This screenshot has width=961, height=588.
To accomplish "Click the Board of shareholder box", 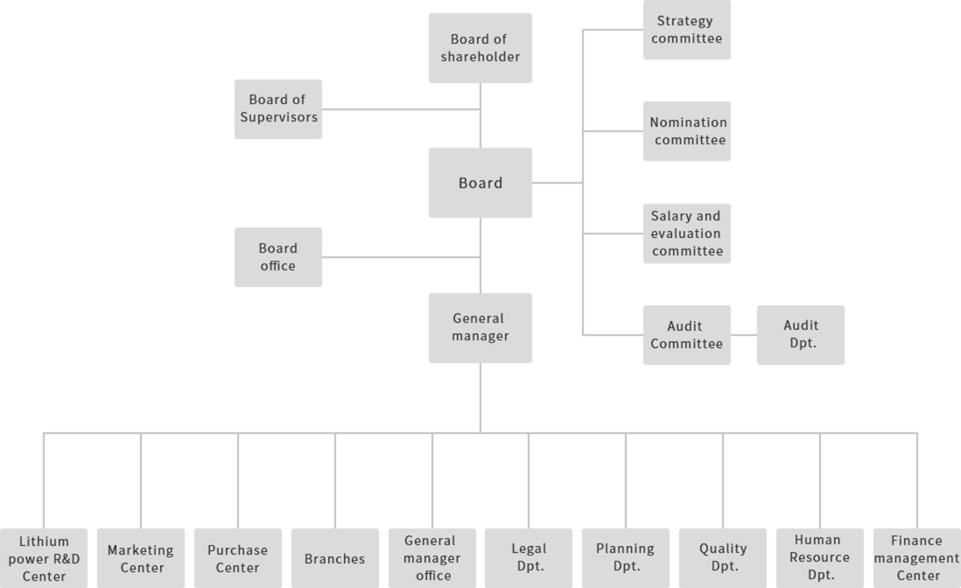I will [x=480, y=48].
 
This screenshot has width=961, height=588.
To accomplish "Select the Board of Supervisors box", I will [x=277, y=108].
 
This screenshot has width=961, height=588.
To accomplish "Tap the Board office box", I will [x=277, y=257].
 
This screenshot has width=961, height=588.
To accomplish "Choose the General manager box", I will [x=480, y=327].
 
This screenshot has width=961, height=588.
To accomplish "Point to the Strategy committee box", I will [x=686, y=30].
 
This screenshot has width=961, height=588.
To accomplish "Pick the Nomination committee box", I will [x=686, y=131].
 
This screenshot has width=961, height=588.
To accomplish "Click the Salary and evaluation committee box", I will [x=686, y=234].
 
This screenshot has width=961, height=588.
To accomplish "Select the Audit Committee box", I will [x=686, y=335].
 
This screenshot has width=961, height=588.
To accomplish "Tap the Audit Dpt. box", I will [x=800, y=335].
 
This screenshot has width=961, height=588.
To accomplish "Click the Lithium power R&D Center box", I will [x=44, y=557].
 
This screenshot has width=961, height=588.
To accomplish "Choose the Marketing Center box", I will [x=141, y=557].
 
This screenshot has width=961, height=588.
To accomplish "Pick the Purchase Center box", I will [x=238, y=557].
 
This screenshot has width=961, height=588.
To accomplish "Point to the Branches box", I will [x=334, y=557].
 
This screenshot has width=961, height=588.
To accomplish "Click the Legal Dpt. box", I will [x=529, y=557].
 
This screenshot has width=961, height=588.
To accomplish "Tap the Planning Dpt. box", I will [x=625, y=557].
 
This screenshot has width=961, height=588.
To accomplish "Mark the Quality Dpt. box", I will [x=723, y=557].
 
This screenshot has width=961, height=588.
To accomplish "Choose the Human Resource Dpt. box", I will [x=820, y=557].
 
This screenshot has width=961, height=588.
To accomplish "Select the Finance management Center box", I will [x=916, y=557].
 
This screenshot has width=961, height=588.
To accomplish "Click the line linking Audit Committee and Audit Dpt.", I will [x=744, y=335].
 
